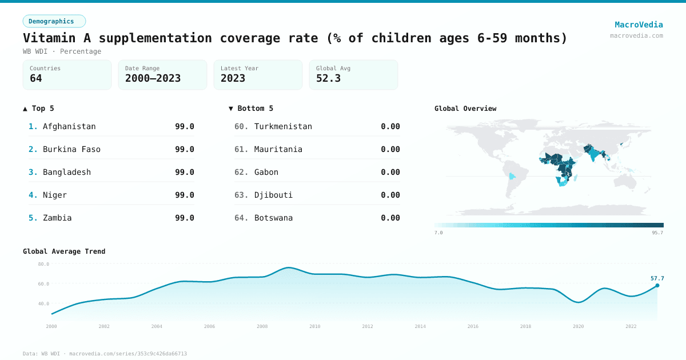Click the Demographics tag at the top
coord(54,21)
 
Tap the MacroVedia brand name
coord(639,25)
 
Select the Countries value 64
coord(36,78)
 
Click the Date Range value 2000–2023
coord(153,78)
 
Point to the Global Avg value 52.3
coord(328,78)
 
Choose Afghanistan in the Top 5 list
coord(69,126)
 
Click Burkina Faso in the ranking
coord(71,149)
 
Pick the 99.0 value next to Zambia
coord(184,218)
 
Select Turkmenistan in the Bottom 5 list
coord(283,126)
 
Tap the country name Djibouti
coord(273,195)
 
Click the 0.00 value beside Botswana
coord(390,218)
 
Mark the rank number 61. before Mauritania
coord(241,149)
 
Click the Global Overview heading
coord(465,109)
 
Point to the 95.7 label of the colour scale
coord(656,233)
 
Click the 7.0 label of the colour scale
coord(438,233)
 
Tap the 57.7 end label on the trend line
coord(657,278)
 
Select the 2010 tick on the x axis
coord(315,326)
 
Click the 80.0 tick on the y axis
coord(43,264)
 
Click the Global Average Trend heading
coord(64,251)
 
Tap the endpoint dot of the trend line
coord(657,285)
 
